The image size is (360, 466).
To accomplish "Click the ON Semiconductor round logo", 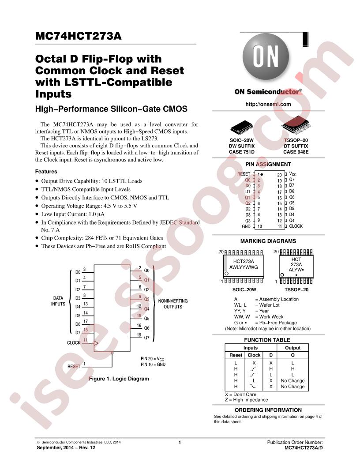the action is point(266,56).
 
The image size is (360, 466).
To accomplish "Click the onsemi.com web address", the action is point(268,104).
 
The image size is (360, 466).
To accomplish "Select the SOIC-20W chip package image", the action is point(241,128).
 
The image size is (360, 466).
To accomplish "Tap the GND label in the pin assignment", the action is point(246,226).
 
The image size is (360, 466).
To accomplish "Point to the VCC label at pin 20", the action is point(292,174).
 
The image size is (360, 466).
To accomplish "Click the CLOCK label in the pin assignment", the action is point(296,226).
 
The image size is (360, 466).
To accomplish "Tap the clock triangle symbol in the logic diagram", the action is point(96,343).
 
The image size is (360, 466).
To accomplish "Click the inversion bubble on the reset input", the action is point(112,353).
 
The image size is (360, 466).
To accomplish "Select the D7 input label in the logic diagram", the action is point(78,333).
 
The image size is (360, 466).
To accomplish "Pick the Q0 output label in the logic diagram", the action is point(147,271).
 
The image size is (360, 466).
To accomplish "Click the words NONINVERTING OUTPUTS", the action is point(173,304).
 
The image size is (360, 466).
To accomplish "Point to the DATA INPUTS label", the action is point(58,301).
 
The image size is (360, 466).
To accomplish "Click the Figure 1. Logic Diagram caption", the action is point(119,379).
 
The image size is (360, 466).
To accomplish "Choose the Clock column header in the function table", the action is point(254,355).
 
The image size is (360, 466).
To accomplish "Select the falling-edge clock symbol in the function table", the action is point(253,387).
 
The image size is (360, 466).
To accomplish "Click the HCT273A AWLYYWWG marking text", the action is point(244,264).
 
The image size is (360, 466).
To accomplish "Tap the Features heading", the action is point(46,172).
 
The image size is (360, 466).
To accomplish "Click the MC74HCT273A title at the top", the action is point(79,36).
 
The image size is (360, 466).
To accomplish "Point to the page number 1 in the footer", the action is point(180,442).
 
